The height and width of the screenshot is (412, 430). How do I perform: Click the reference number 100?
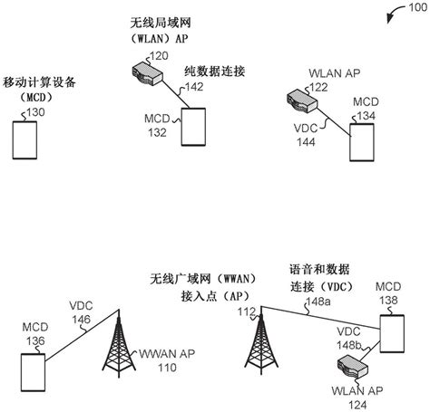tap(417, 7)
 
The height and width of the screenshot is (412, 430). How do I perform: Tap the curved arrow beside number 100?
tap(394, 12)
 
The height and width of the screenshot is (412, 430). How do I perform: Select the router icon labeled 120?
tap(148, 72)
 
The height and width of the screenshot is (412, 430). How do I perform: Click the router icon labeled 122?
tap(302, 101)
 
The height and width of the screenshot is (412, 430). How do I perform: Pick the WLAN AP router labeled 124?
tap(353, 366)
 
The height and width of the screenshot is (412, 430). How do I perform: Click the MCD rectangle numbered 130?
tap(24, 140)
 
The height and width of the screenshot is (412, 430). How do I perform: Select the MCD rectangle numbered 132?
tap(193, 127)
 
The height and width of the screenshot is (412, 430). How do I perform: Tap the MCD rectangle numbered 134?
tap(362, 142)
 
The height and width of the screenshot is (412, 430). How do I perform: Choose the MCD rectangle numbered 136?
tap(33, 372)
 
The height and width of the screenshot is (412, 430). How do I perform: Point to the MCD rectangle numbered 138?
tap(392, 333)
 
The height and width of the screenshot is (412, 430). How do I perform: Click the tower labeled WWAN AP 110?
tap(119, 343)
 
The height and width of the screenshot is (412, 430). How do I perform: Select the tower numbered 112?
tap(261, 340)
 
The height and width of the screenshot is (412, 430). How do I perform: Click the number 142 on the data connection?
tap(194, 87)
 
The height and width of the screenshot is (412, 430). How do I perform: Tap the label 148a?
tap(318, 302)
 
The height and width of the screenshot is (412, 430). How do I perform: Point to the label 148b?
tap(349, 345)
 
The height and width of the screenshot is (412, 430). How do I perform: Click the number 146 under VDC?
tap(81, 320)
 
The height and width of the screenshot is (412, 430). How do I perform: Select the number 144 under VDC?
tap(306, 142)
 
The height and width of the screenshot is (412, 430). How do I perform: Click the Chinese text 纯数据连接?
tap(215, 72)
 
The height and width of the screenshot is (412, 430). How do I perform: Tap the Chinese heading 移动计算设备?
tap(39, 82)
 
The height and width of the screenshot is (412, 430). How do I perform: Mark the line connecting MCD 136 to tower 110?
tap(82, 335)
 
